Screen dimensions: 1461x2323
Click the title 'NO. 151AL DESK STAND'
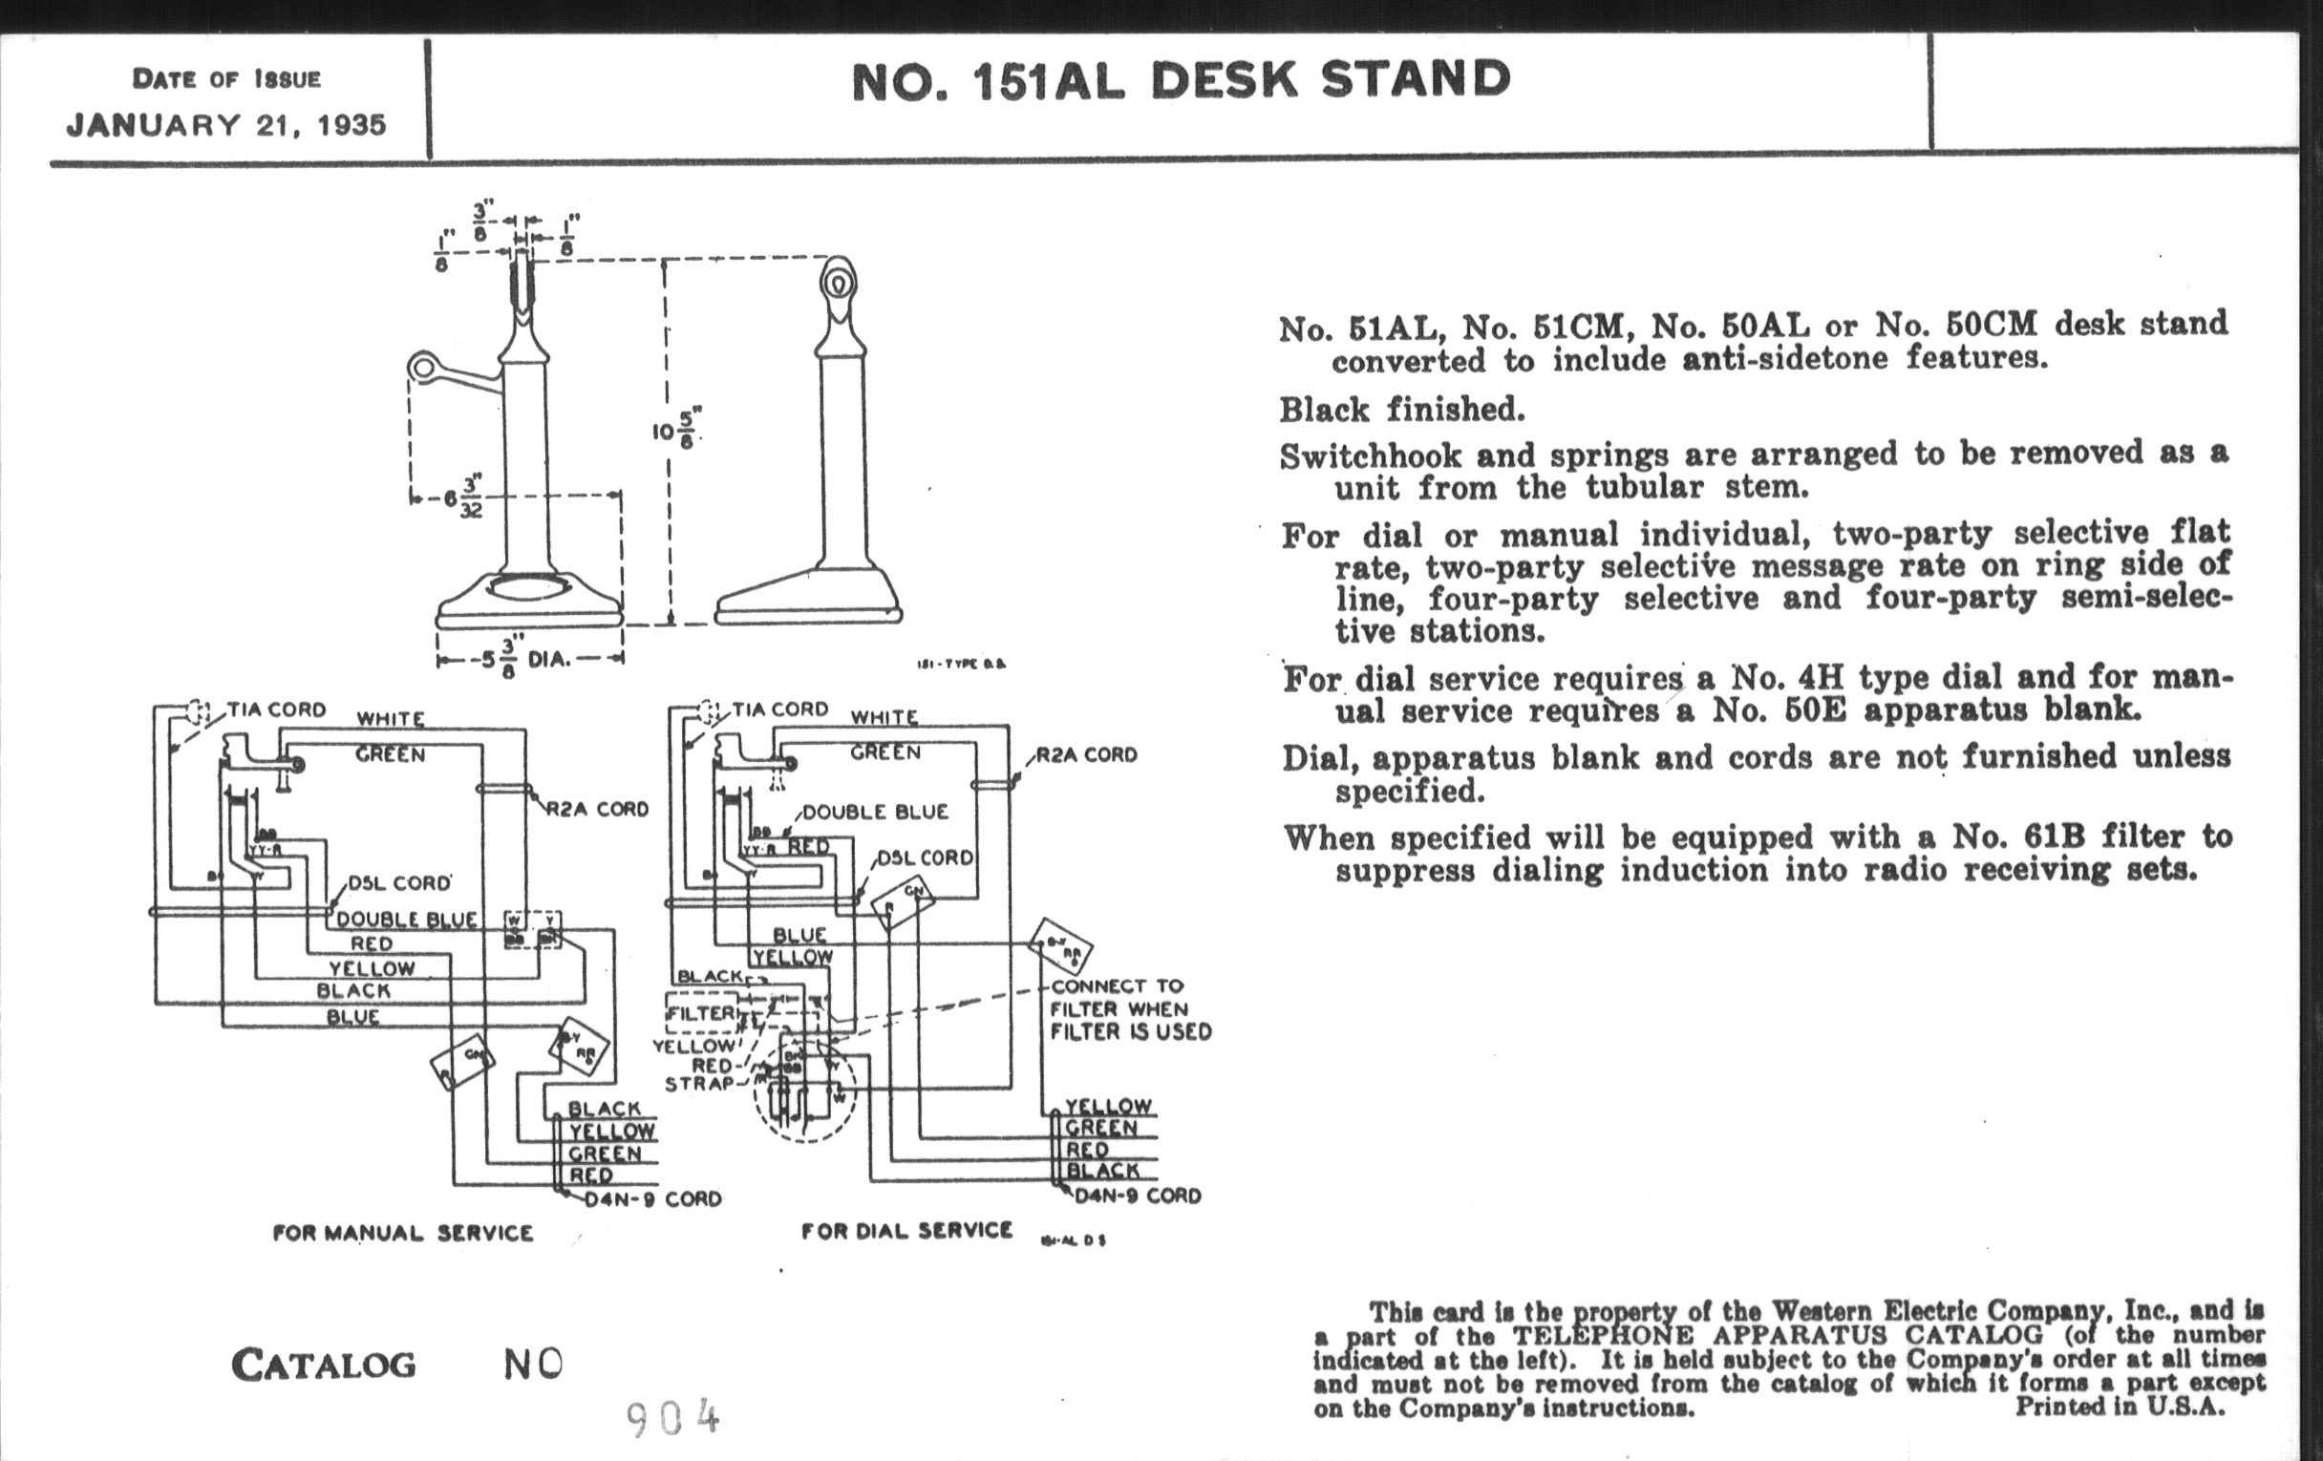(x=1180, y=81)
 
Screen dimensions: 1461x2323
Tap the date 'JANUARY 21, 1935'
(x=225, y=125)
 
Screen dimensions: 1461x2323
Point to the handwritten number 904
(x=672, y=1418)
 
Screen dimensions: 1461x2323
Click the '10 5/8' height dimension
(x=676, y=429)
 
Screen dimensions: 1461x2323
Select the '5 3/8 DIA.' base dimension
(x=528, y=661)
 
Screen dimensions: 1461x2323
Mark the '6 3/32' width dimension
(x=463, y=498)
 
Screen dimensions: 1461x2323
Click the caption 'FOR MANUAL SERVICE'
(x=402, y=1234)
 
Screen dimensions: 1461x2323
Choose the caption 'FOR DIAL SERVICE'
(x=906, y=1231)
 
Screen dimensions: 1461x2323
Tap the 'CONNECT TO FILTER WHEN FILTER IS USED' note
(x=1130, y=1008)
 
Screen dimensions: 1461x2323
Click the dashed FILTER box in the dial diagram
(x=702, y=1013)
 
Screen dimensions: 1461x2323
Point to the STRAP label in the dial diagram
(x=699, y=1084)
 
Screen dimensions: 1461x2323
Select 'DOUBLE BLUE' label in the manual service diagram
(x=406, y=920)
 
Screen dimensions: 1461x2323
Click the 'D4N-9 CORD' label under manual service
(x=653, y=1199)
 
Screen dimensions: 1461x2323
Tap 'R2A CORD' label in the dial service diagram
(x=1086, y=755)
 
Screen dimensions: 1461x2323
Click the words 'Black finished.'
(x=1401, y=411)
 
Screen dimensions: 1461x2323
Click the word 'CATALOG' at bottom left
(x=323, y=1365)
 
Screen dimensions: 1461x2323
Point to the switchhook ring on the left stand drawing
(x=421, y=367)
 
